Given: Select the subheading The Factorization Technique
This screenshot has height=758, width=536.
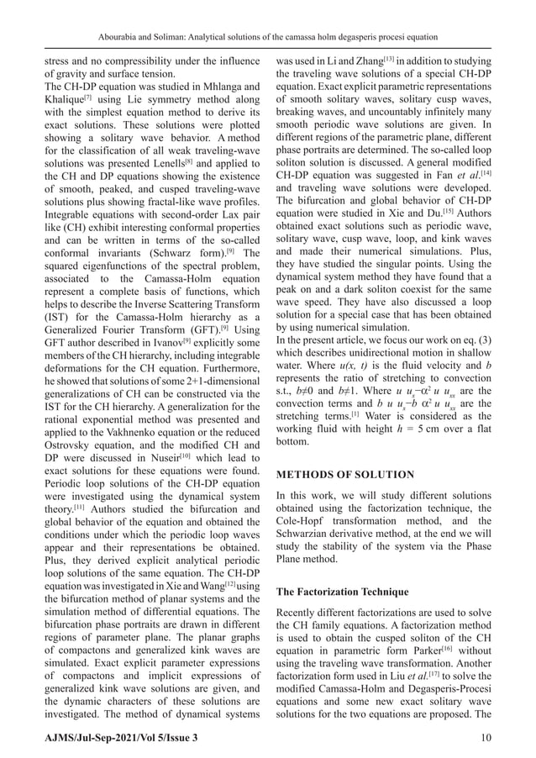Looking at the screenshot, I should point(342,591).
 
